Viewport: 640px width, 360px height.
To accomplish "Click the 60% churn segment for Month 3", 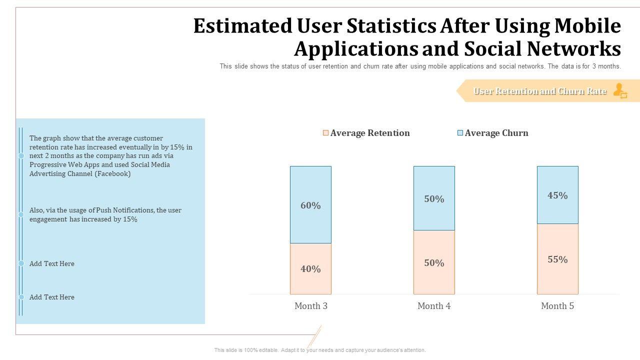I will (x=310, y=205).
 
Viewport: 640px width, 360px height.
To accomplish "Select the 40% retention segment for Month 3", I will (x=310, y=269).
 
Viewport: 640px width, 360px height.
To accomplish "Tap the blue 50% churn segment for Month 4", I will (x=434, y=198).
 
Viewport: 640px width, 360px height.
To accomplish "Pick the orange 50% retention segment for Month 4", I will (x=434, y=262).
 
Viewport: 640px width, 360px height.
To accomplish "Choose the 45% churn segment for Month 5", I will (x=557, y=195).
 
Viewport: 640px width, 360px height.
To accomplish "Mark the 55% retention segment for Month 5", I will (x=557, y=259).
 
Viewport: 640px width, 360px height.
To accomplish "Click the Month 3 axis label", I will (x=311, y=306).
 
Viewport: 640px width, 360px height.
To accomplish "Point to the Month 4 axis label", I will (x=434, y=306).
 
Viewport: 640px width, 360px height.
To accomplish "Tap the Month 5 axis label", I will (x=557, y=306).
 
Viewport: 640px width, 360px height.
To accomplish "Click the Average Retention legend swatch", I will (x=326, y=133).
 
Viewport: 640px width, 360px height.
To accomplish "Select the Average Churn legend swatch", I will (x=460, y=133).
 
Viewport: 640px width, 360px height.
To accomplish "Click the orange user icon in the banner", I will (x=620, y=91).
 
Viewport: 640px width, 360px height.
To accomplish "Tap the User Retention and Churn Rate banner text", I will (x=539, y=91).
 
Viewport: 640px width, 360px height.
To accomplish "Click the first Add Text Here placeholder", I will (x=52, y=263).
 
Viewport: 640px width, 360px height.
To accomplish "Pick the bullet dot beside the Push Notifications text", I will (x=21, y=214).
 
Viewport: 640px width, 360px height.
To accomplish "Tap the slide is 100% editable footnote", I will (x=320, y=350).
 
